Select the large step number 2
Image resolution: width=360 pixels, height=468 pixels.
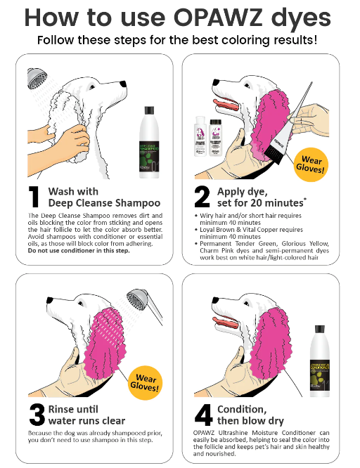point(200,197)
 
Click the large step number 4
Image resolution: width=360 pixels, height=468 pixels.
point(200,415)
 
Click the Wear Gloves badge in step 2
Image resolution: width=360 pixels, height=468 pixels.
point(311,163)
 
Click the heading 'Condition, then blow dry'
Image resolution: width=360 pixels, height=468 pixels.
point(250,415)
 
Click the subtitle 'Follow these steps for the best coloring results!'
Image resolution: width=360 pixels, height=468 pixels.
point(180,39)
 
